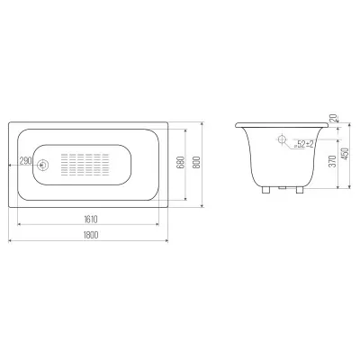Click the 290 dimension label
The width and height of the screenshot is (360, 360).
[x=25, y=161]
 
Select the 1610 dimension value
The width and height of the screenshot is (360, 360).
[x=91, y=220]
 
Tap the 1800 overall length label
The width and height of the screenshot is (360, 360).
[x=91, y=235]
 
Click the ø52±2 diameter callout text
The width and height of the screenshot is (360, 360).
[x=303, y=145]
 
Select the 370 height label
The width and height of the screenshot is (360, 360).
[x=333, y=161]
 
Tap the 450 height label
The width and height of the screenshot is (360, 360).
[x=346, y=154]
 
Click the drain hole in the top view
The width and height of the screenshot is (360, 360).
[x=42, y=165]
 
